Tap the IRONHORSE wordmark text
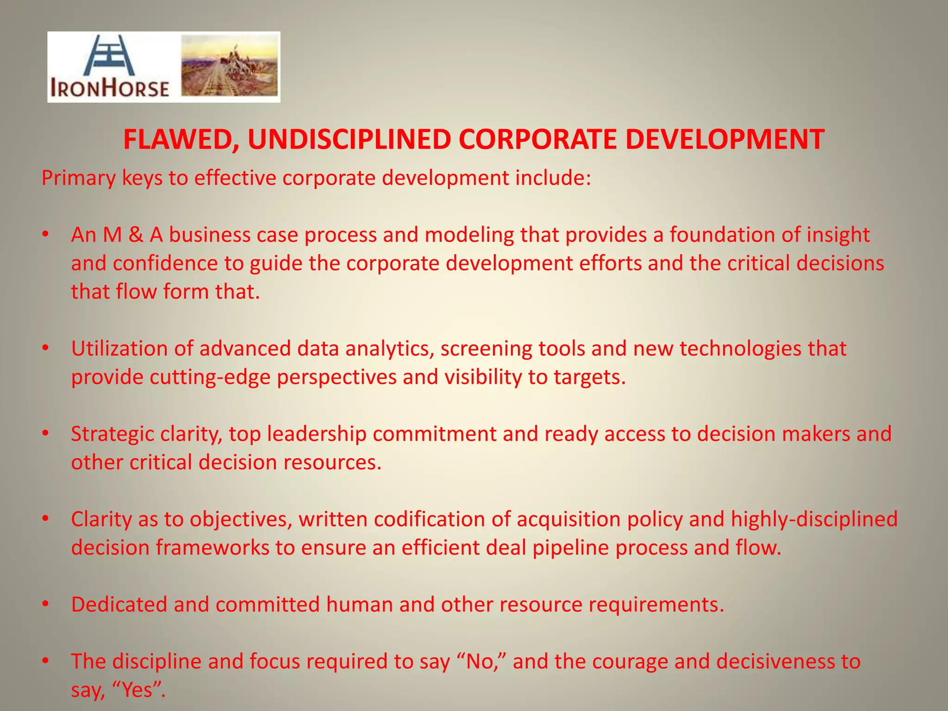point(110,88)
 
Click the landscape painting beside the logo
point(230,67)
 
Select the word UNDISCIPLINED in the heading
point(349,139)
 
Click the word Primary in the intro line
point(78,178)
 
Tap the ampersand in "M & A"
point(136,235)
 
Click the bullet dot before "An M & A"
point(45,235)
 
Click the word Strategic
point(112,434)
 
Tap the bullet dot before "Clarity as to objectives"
point(45,519)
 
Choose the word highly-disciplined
point(814,519)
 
